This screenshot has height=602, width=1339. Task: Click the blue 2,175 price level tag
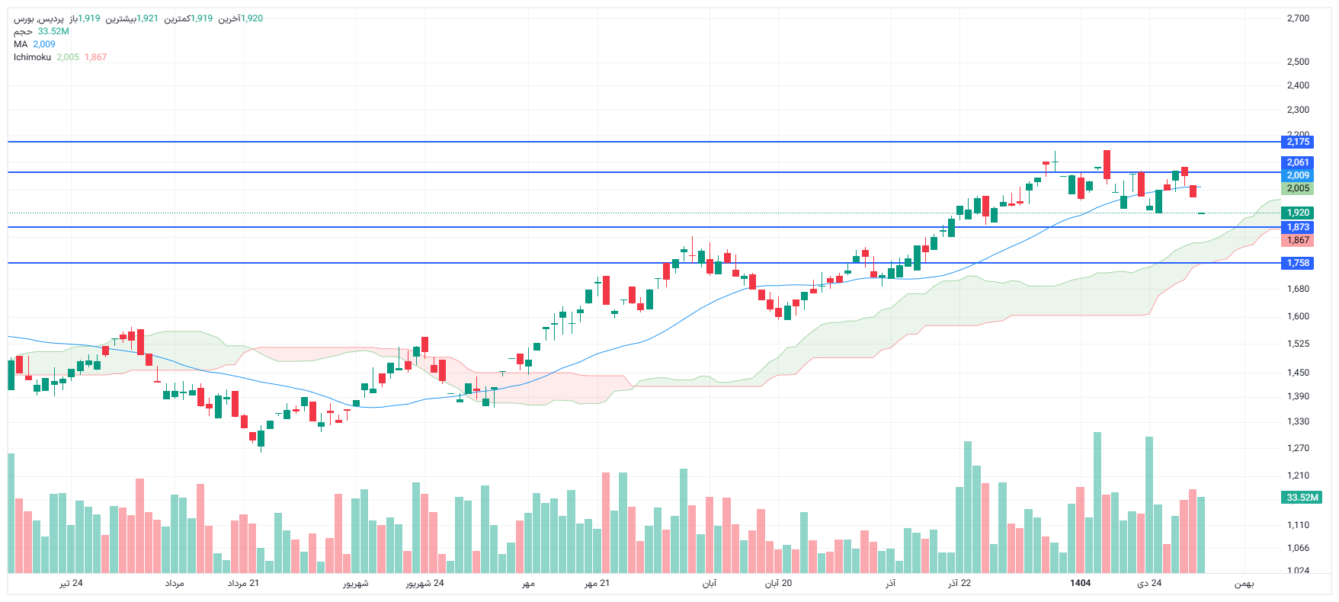click(x=1298, y=142)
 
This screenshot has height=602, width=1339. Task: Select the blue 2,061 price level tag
click(x=1298, y=162)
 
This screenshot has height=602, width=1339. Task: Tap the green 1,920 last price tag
click(x=1298, y=213)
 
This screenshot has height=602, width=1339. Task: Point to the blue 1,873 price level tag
click(x=1298, y=227)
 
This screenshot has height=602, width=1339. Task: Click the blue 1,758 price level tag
click(x=1298, y=263)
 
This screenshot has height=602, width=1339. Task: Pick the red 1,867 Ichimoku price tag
click(x=1298, y=240)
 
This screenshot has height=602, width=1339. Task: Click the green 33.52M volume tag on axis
click(x=1302, y=498)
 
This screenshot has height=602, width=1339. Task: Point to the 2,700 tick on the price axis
click(x=1298, y=18)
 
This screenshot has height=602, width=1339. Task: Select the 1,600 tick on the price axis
click(x=1298, y=316)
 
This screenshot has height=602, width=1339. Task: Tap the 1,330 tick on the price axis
click(x=1298, y=421)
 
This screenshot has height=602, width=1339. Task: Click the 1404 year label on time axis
click(x=1080, y=583)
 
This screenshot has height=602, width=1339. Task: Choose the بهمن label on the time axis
click(x=1244, y=584)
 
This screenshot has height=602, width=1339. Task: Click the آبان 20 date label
click(x=778, y=583)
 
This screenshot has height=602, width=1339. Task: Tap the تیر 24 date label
click(x=72, y=583)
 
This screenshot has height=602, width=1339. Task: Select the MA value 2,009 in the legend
click(x=44, y=44)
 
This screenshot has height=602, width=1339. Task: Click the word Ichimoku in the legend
click(x=32, y=57)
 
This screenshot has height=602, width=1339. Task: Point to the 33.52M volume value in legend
click(x=53, y=31)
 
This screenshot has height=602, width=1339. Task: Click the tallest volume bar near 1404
click(x=1097, y=503)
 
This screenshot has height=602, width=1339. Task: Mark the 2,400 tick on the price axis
click(x=1298, y=85)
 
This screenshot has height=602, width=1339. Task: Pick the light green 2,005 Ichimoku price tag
click(x=1298, y=188)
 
